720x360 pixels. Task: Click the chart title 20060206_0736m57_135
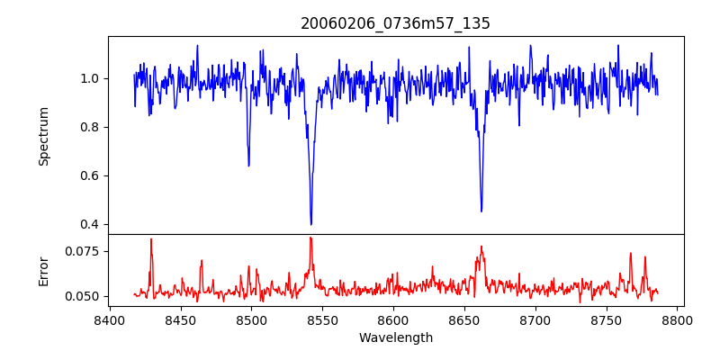(x=395, y=23)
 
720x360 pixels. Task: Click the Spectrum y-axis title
(x=43, y=136)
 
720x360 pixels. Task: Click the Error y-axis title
(x=43, y=270)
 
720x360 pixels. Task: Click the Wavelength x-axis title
(x=395, y=338)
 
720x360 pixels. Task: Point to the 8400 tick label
(x=109, y=319)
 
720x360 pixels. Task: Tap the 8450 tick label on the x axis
(x=180, y=319)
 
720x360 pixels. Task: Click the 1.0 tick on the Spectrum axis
(x=90, y=78)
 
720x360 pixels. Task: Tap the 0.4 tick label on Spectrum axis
(x=90, y=224)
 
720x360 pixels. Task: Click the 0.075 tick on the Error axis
(x=83, y=251)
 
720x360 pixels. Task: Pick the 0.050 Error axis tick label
(x=83, y=296)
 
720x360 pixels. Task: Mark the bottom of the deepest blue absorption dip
(x=310, y=224)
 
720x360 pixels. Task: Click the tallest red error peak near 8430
(x=151, y=239)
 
